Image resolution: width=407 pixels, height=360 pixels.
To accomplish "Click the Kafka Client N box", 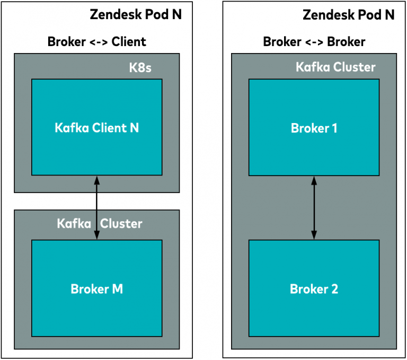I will (x=97, y=127).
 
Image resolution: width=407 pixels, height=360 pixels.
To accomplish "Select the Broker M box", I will (x=97, y=288).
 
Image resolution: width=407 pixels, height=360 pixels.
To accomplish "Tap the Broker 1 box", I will (x=314, y=128).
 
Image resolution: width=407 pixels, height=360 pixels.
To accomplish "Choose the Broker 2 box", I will (x=314, y=289).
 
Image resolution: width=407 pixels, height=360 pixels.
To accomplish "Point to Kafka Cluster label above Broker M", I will (x=100, y=223).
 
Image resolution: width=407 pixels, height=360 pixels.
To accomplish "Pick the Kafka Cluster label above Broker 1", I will (x=335, y=67).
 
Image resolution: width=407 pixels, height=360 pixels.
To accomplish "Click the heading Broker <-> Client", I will (x=97, y=41).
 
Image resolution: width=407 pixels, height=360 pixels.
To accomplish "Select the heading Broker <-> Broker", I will (x=314, y=41).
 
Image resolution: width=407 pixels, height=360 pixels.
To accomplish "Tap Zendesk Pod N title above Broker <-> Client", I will (x=136, y=14).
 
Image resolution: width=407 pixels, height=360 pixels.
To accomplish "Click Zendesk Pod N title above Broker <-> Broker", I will (x=349, y=14).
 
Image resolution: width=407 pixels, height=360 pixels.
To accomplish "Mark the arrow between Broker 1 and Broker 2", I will (x=314, y=208).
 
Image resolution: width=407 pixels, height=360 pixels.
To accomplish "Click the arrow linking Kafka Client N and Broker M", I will (x=96, y=208).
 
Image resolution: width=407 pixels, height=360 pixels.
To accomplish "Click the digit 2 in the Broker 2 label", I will (x=333, y=289).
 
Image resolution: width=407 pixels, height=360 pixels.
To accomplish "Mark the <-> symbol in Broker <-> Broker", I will (x=314, y=42).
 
